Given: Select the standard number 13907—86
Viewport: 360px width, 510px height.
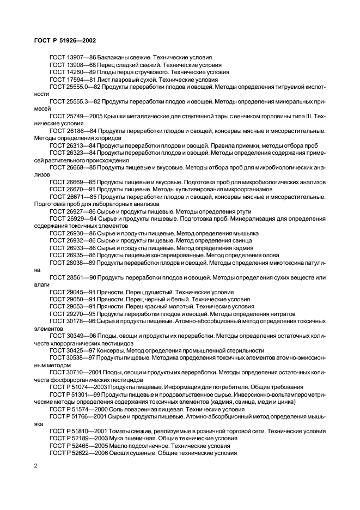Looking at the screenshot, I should click(x=82, y=57).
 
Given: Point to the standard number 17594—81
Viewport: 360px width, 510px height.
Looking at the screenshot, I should click(x=82, y=79).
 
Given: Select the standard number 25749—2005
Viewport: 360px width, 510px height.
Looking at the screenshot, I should click(x=86, y=117).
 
